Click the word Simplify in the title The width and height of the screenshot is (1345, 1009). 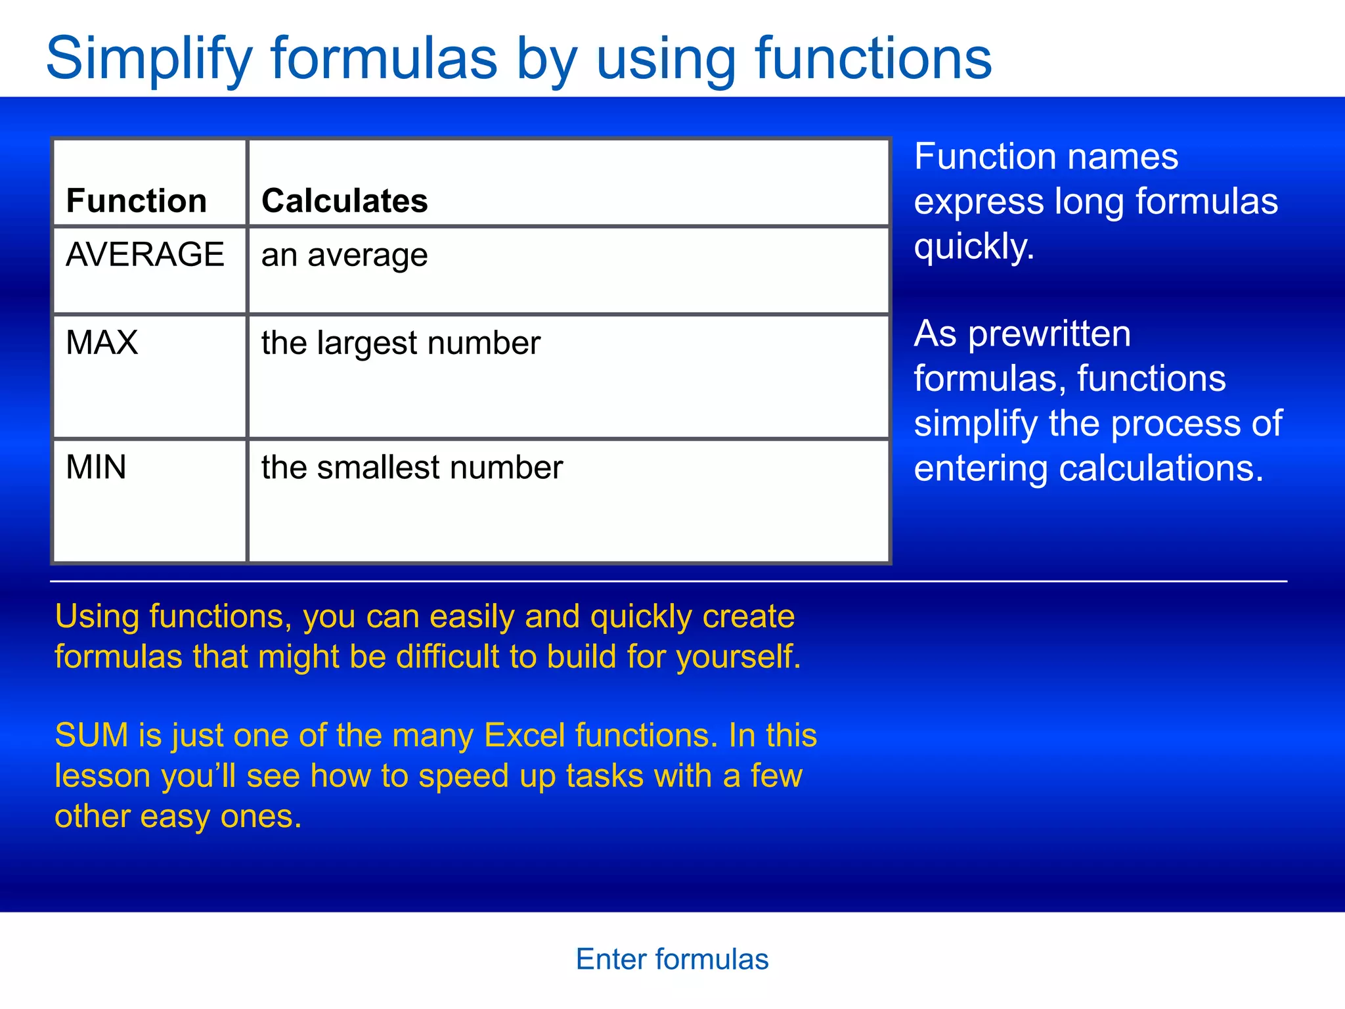(149, 59)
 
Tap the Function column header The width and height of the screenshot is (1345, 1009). (137, 200)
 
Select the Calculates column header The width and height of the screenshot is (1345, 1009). (345, 200)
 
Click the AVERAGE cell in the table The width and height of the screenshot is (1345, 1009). (145, 255)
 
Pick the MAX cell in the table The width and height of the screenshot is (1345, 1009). (102, 343)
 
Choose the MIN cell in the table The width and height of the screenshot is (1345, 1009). (96, 468)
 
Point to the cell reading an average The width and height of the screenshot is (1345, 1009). (345, 255)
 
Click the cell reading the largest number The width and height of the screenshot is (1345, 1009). (401, 343)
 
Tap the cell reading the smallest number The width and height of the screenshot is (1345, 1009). (412, 468)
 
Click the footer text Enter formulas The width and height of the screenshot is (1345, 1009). (672, 959)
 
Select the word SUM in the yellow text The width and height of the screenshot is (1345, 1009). (91, 735)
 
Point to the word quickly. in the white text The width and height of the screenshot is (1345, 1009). (974, 246)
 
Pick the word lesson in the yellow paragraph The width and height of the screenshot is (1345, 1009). (102, 776)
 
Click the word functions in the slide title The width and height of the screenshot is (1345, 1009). (873, 59)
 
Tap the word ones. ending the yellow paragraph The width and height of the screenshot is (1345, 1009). (261, 817)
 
